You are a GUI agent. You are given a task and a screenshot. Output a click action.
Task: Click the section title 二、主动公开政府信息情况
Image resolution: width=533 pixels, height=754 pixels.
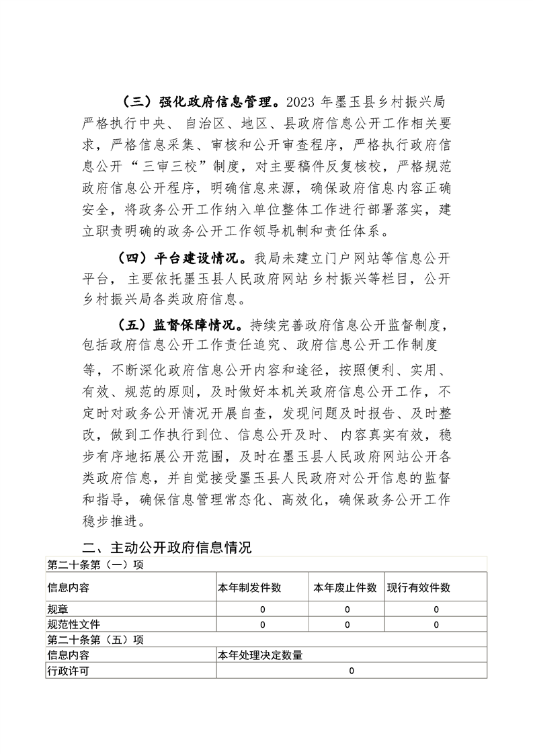pos(166,547)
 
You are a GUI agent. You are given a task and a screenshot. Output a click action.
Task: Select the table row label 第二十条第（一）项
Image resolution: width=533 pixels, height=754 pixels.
pos(95,564)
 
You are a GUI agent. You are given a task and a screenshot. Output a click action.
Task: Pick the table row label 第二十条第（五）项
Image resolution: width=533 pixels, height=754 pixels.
pos(95,640)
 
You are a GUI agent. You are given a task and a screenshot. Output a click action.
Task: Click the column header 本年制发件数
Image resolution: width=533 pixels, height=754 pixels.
pos(249,588)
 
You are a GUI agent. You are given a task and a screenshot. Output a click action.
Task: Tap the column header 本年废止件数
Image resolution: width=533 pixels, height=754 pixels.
pos(345,588)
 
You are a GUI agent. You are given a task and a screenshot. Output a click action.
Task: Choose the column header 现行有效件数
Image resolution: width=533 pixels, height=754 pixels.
pos(418,588)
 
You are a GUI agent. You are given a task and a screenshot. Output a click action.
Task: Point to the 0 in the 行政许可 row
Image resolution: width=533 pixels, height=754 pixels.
pos(351,671)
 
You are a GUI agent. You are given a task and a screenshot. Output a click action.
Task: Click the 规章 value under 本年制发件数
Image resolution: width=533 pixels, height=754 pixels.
pos(262,610)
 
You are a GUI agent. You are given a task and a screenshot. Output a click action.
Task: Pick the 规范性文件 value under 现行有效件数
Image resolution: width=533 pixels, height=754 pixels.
pos(436,625)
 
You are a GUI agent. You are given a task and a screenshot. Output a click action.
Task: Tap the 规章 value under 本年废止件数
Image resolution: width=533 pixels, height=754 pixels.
pos(347,610)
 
